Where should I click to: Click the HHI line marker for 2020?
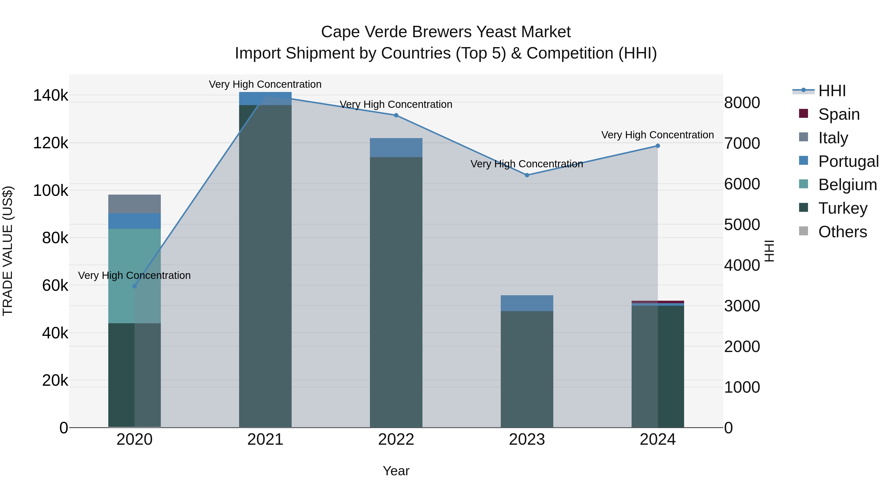point(135,286)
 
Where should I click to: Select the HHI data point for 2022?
point(396,115)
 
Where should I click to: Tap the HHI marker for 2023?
point(527,175)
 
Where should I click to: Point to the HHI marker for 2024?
point(658,146)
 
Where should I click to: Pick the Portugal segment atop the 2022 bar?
point(396,148)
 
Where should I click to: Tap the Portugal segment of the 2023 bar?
point(527,303)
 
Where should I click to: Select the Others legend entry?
point(842,232)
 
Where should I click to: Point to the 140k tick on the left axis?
point(51,95)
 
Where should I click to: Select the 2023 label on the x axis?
point(527,440)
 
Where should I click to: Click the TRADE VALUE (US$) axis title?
point(8,251)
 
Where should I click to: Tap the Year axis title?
point(396,471)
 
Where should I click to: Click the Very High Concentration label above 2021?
point(265,84)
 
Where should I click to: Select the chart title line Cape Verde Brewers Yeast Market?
point(446,32)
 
